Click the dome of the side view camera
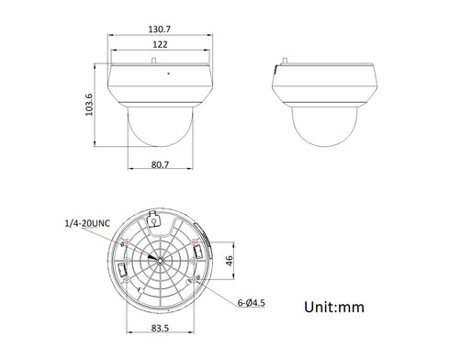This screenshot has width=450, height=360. (326, 129)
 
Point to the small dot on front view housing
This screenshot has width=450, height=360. (166, 73)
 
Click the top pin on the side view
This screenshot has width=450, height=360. (285, 63)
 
